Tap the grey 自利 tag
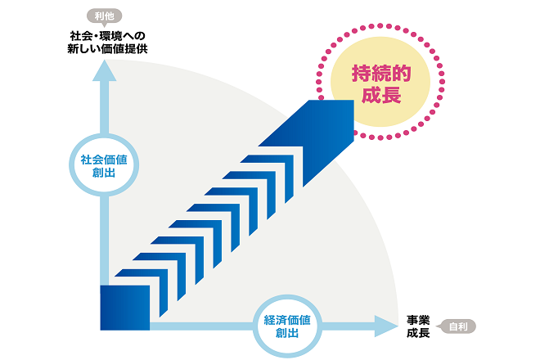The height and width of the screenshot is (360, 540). click(458, 326)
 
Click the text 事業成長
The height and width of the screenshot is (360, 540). click(418, 326)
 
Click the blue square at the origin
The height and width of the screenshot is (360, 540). click(125, 307)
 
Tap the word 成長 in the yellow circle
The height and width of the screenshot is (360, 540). click(380, 95)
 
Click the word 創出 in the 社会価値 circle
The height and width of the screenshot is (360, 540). click(104, 173)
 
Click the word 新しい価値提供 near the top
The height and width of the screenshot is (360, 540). click(107, 48)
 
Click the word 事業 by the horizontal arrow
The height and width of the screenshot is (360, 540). click(418, 319)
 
